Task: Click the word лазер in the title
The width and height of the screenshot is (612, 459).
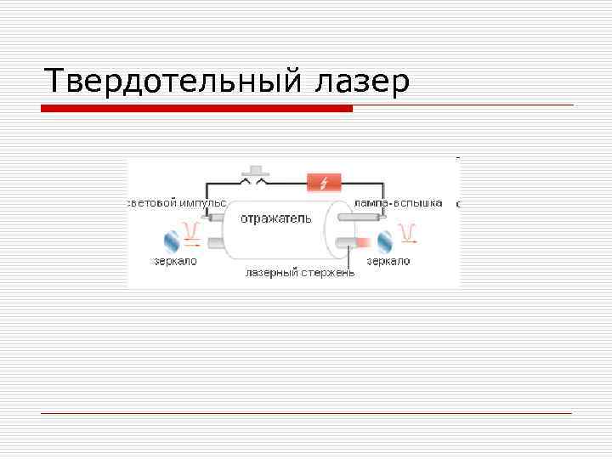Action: pos(362,82)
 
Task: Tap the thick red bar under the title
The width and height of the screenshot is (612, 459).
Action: pos(196,109)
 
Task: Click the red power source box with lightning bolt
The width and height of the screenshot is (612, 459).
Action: pos(323,182)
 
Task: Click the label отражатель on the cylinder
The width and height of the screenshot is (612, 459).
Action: pos(275,218)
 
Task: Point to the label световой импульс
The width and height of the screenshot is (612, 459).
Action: pos(176,203)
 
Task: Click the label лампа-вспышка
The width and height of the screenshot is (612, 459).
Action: pos(399,203)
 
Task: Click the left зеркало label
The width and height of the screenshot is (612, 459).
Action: pos(175,261)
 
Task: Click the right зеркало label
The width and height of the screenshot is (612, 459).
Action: pos(388,261)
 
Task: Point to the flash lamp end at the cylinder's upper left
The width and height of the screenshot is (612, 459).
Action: pos(216,218)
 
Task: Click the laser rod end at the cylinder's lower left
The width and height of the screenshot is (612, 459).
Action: pos(216,245)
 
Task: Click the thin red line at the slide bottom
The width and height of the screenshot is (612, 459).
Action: pos(306,413)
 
